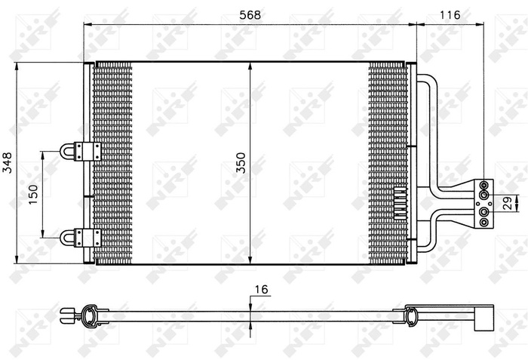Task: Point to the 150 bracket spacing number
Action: click(33, 193)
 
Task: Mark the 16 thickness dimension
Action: click(262, 289)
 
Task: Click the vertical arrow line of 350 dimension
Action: click(250, 113)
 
